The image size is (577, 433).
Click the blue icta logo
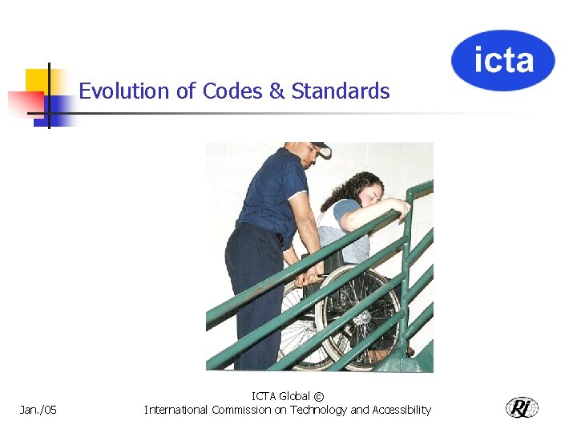coord(502,60)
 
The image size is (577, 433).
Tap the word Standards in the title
coord(341,91)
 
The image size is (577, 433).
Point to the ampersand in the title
coord(276,91)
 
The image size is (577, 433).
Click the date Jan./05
coord(38,411)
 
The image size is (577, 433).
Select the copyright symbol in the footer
coord(319,396)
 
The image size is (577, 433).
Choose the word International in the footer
coord(176,410)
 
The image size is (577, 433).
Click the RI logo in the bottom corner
coord(522,407)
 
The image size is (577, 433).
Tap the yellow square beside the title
coord(37,80)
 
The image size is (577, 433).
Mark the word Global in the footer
coord(294,396)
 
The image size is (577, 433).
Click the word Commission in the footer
coord(240,410)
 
